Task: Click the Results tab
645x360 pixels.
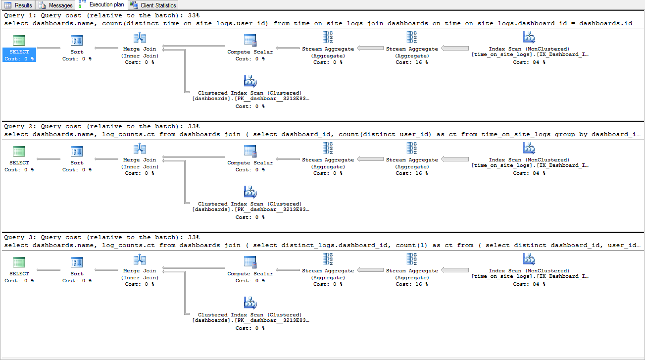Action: coord(18,5)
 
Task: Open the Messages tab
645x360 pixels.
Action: coord(55,5)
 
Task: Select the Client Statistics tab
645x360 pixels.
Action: coord(153,5)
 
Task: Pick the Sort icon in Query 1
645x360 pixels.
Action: coord(77,41)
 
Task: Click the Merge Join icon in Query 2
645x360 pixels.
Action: coord(140,149)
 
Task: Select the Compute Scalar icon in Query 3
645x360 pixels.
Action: coord(250,262)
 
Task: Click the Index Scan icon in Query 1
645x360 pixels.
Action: coord(529,37)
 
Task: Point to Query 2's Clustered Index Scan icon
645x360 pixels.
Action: coord(250,192)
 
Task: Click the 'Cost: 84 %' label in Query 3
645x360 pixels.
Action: coord(529,284)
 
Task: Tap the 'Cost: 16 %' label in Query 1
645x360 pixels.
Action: coord(412,62)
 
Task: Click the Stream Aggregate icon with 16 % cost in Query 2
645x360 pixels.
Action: coord(412,148)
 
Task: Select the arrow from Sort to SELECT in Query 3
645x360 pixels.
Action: coord(49,270)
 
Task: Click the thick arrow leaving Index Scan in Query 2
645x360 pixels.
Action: coord(455,159)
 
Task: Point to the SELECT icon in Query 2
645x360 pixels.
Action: coord(19,151)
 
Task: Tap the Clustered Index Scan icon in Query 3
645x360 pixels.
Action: coord(250,303)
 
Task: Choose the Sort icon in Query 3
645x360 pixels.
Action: coord(77,262)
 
